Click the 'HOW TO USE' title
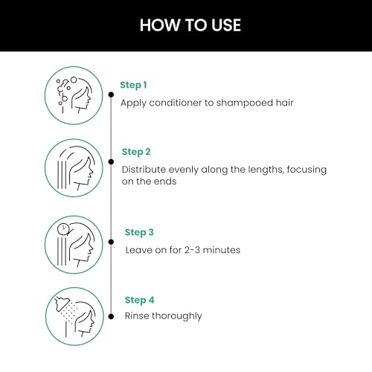[x=190, y=25]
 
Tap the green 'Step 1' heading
[x=133, y=86]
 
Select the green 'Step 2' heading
[x=136, y=152]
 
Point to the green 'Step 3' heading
[x=139, y=233]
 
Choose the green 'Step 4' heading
[x=139, y=301]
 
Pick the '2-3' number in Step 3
[x=192, y=250]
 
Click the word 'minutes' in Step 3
[x=222, y=250]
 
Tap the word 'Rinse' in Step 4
[x=137, y=316]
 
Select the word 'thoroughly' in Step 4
[x=177, y=316]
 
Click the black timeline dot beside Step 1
[x=111, y=94]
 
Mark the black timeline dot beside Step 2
[x=111, y=161]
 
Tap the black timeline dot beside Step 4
[x=111, y=316]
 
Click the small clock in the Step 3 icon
[x=63, y=229]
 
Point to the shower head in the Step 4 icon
[x=62, y=304]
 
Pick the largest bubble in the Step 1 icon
[x=74, y=80]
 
